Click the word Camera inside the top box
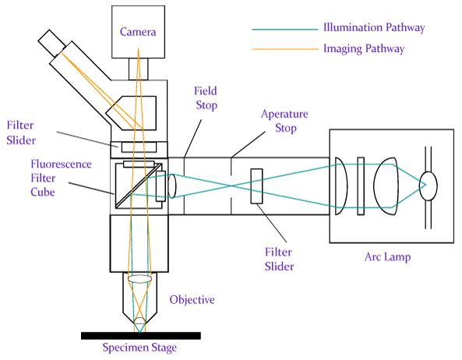tap(138, 32)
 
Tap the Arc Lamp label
tap(387, 257)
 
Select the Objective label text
tap(192, 300)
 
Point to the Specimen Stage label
tap(139, 348)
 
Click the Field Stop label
tap(206, 98)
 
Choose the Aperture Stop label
tap(284, 121)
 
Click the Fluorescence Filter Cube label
tap(61, 178)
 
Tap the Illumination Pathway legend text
tap(374, 27)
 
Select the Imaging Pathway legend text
tap(364, 48)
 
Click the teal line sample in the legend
tap(285, 30)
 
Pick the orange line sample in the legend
tap(285, 48)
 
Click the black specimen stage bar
tap(141, 336)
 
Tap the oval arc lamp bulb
tap(428, 186)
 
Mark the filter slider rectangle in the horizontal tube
tap(256, 186)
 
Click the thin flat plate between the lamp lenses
tap(361, 186)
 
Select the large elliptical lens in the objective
tap(139, 279)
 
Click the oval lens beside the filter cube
tap(171, 186)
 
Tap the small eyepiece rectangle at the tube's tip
tap(52, 44)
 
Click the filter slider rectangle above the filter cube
tap(139, 147)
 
